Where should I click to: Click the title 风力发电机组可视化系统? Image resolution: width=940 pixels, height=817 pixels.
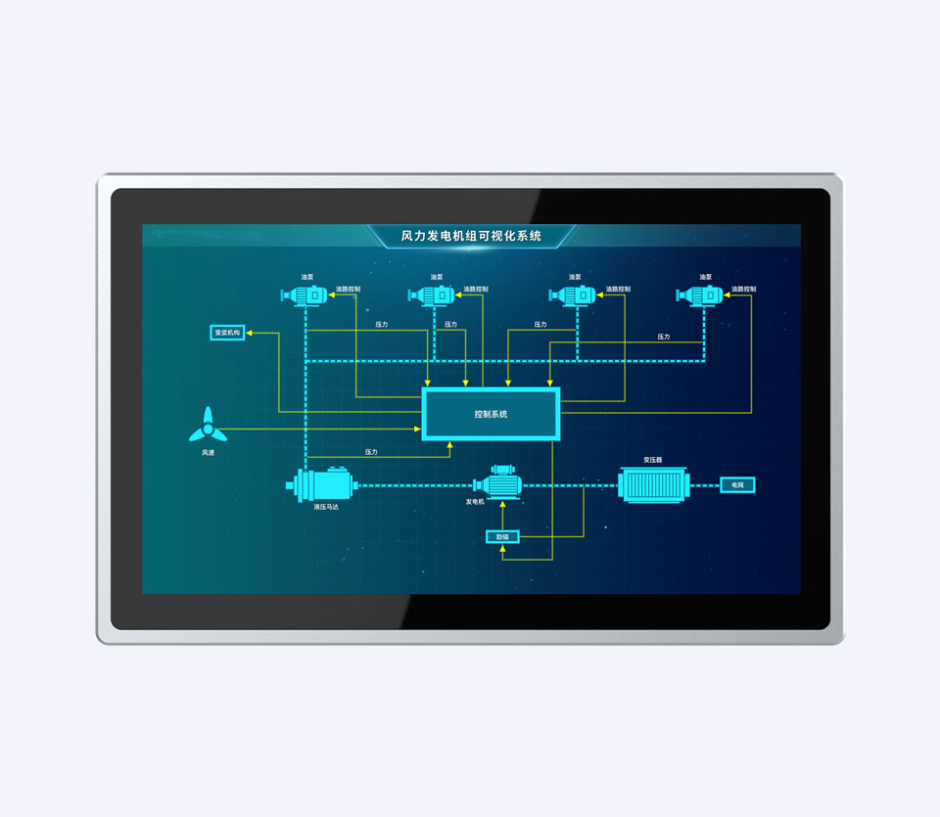(471, 236)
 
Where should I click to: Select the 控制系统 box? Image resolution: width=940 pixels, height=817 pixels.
(491, 414)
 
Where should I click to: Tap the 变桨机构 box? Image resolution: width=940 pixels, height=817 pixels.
(227, 333)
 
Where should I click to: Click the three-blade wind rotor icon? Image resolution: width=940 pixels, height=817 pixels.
(208, 427)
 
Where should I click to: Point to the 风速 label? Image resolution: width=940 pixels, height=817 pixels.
(208, 452)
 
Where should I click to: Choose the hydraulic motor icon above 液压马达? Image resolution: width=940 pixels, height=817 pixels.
(320, 484)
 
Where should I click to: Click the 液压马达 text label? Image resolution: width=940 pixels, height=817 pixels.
(326, 507)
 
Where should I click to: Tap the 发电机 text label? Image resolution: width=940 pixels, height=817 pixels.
(475, 502)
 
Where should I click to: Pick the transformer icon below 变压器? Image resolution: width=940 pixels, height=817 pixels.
(654, 484)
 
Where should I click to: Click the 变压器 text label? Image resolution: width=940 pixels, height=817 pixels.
(653, 459)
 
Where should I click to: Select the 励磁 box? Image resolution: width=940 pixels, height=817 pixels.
(502, 536)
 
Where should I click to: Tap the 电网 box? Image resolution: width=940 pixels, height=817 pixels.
(737, 484)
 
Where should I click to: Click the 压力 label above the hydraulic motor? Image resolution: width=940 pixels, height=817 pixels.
(371, 452)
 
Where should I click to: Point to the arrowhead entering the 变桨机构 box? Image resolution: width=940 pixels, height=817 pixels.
(250, 333)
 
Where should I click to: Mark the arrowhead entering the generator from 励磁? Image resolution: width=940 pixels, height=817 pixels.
(502, 505)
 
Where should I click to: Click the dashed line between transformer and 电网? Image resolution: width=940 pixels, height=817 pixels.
(705, 484)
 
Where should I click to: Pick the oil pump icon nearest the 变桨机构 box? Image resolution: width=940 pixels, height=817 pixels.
(307, 295)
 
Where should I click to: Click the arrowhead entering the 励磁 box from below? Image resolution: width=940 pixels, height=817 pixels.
(502, 549)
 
